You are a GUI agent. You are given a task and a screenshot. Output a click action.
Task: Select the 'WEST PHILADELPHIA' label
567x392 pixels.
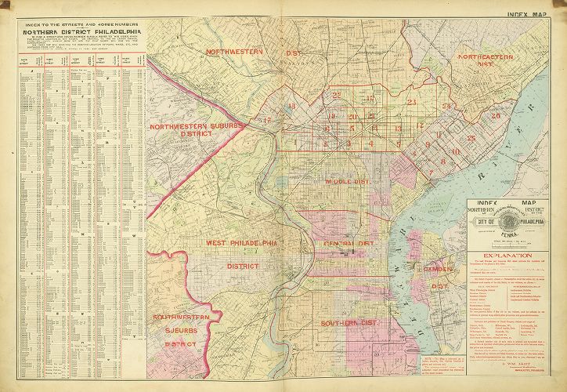pos(242,244)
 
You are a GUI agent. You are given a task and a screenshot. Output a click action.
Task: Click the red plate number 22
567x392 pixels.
pos(336,95)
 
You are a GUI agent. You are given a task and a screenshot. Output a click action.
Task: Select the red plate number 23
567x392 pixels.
pos(411,102)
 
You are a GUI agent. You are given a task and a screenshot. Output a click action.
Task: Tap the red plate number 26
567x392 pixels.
pos(495,116)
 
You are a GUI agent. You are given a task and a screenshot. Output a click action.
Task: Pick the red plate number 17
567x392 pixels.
pos(266,120)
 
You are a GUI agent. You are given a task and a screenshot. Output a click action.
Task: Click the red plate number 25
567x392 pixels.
pos(471,139)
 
